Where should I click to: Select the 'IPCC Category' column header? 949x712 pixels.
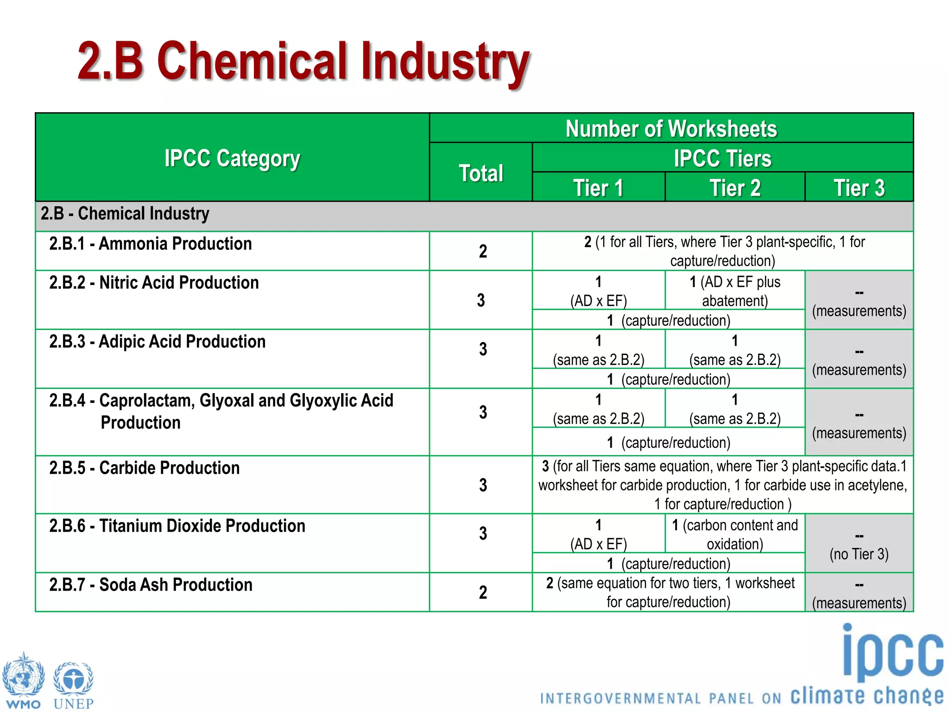(x=232, y=159)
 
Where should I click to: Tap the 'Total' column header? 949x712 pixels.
(x=481, y=173)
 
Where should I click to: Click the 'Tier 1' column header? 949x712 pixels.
(x=598, y=188)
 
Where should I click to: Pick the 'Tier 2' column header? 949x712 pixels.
(x=735, y=188)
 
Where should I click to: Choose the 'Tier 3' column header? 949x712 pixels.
(x=859, y=188)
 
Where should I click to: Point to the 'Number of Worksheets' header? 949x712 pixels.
(x=671, y=128)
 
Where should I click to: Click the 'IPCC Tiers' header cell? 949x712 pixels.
(x=722, y=158)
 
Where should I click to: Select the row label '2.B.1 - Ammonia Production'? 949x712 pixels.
(x=151, y=243)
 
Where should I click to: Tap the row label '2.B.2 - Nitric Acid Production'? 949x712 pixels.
(x=154, y=282)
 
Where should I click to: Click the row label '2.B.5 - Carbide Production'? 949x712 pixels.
(x=145, y=468)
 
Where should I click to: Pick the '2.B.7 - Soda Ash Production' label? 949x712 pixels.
(x=151, y=585)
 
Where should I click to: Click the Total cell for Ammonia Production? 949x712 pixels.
(x=482, y=251)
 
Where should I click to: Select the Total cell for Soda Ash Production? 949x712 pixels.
(x=482, y=592)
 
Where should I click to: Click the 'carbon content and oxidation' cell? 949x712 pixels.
(x=735, y=534)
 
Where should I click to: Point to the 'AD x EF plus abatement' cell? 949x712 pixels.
(x=735, y=291)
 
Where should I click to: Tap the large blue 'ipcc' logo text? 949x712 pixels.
(x=892, y=654)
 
